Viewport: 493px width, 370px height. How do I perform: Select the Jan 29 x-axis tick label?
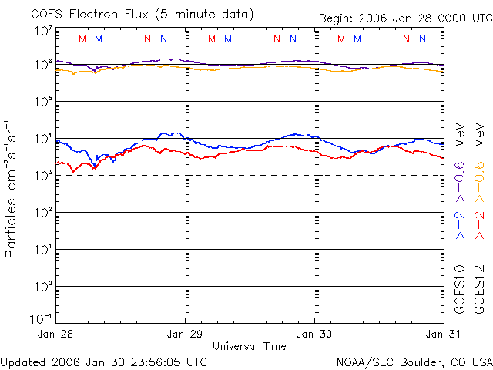[186, 334]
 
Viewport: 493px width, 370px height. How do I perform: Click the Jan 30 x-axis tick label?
[314, 334]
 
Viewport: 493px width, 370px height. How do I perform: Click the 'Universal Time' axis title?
[250, 346]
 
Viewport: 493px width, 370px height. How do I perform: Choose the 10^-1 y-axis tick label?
[41, 318]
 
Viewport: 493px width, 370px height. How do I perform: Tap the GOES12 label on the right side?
[478, 289]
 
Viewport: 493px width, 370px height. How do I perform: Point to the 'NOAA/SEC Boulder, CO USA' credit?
[414, 362]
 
